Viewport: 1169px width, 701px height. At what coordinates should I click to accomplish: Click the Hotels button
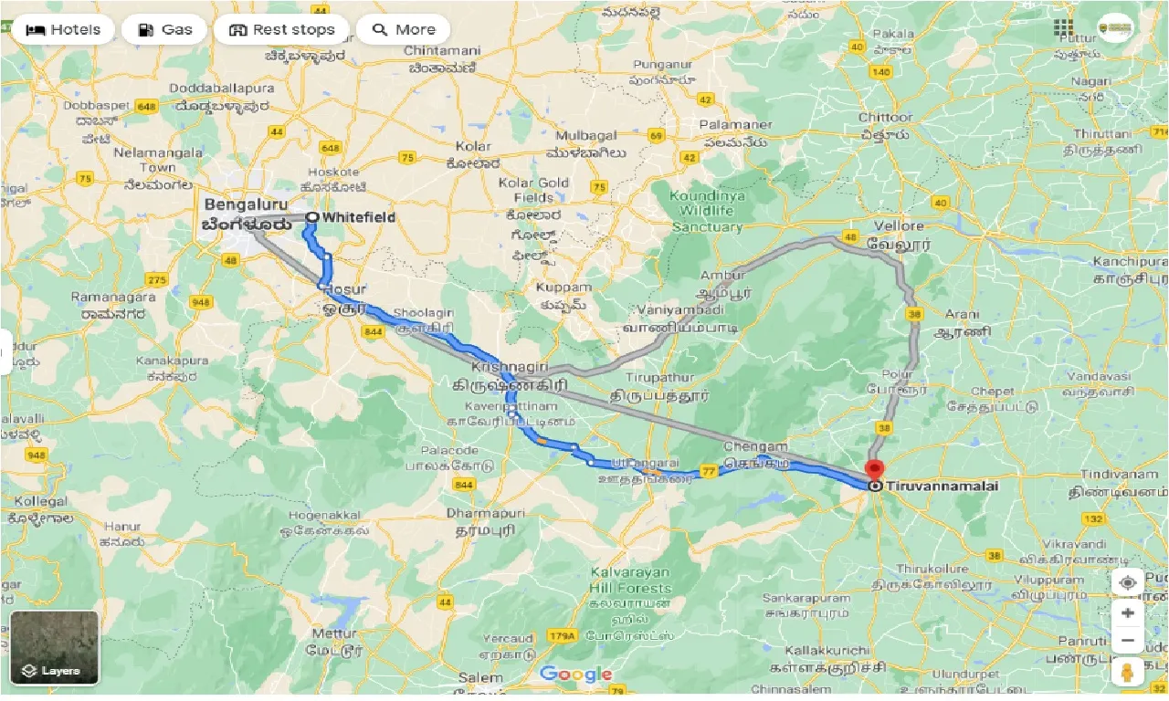pyautogui.click(x=63, y=29)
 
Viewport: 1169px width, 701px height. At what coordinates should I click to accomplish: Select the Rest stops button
pyautogui.click(x=281, y=29)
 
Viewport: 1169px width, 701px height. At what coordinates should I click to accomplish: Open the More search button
pyautogui.click(x=403, y=29)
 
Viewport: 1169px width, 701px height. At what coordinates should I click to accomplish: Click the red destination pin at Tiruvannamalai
pyautogui.click(x=874, y=470)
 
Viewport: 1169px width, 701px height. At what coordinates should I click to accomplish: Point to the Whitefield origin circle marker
pyautogui.click(x=312, y=217)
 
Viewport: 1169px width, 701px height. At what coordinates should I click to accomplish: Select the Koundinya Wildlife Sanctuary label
pyautogui.click(x=706, y=211)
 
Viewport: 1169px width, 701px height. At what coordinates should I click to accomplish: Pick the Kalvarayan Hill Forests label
pyautogui.click(x=630, y=580)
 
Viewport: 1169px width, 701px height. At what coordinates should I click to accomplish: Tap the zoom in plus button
pyautogui.click(x=1128, y=613)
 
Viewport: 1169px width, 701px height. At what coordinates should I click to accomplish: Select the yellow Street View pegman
pyautogui.click(x=1128, y=672)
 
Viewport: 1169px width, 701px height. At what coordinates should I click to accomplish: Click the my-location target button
pyautogui.click(x=1128, y=582)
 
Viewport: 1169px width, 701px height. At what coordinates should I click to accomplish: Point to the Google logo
pyautogui.click(x=575, y=675)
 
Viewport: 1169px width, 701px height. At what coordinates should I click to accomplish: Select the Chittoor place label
pyautogui.click(x=885, y=117)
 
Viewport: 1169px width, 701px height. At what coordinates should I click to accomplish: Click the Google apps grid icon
pyautogui.click(x=1063, y=27)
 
